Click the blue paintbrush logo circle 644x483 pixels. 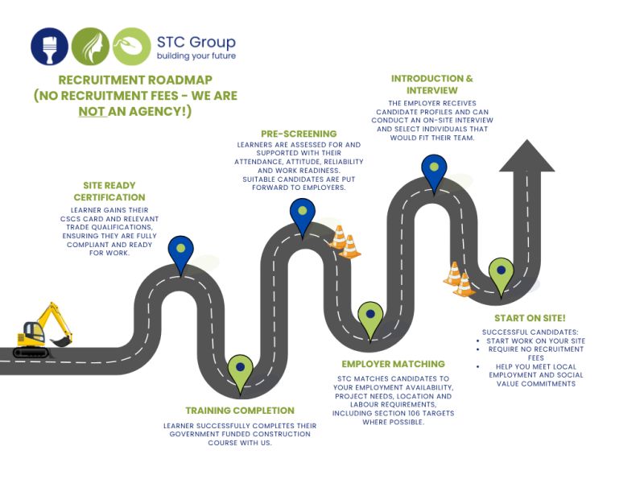click(50, 46)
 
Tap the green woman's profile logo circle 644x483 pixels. click(90, 46)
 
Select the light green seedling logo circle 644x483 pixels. click(132, 46)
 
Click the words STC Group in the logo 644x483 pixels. click(196, 42)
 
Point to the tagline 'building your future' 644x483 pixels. click(196, 56)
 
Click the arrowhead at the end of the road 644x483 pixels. click(527, 155)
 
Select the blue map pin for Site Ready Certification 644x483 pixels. click(180, 254)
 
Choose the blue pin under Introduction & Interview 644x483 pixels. click(434, 173)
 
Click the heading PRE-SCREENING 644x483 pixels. click(299, 134)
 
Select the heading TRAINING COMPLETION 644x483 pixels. click(240, 411)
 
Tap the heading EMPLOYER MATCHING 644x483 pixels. click(393, 364)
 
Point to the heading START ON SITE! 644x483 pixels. click(530, 318)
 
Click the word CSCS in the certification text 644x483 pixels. click(70, 219)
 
